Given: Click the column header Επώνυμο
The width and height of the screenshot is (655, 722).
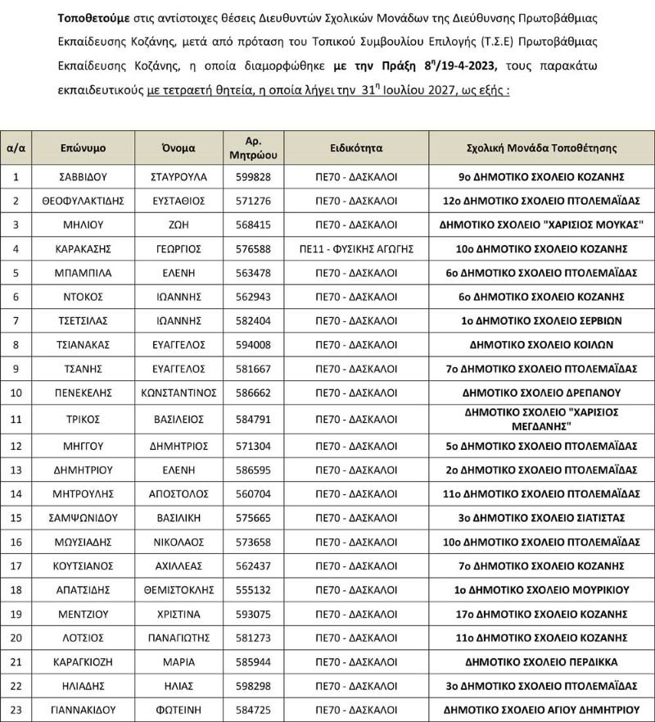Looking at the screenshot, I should (83, 148).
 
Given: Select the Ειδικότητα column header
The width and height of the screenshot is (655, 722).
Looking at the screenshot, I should (356, 148).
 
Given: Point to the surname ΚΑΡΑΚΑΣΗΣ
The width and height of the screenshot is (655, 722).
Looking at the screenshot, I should (83, 248).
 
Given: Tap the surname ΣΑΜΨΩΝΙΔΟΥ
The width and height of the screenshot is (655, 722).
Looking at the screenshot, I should (83, 518).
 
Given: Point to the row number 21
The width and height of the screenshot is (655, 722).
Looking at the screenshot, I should (16, 661).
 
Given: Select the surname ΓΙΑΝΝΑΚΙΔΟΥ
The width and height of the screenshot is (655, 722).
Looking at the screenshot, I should (83, 709).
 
